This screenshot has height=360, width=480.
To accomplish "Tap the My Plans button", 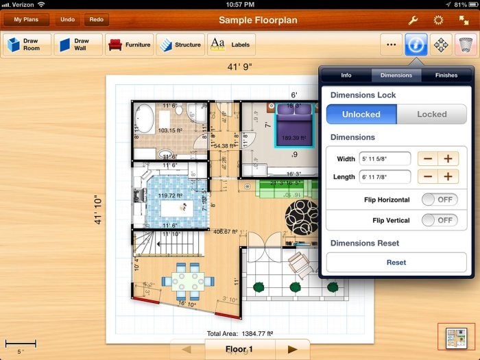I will [26, 20].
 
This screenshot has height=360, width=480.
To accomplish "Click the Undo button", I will [67, 20].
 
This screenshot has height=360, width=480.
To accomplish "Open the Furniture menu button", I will [129, 45].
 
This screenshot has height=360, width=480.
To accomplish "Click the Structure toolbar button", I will [180, 45].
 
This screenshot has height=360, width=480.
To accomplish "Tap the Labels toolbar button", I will [230, 45].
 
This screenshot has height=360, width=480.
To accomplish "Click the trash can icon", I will [465, 45].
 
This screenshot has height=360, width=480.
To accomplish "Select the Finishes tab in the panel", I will [446, 75].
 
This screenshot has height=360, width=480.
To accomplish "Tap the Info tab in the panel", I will [346, 75].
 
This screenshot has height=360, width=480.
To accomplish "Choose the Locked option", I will [431, 115].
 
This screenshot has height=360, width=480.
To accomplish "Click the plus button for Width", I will [448, 159].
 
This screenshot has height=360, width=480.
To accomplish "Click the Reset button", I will [396, 263].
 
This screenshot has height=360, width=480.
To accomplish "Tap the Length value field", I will [385, 177].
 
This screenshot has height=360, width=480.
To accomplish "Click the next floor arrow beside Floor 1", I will [292, 349].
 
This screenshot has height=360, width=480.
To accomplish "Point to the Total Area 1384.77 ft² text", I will [240, 333].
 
